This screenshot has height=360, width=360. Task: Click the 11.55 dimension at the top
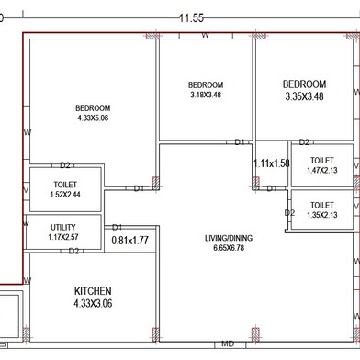click(191, 18)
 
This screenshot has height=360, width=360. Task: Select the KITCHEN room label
click(93, 291)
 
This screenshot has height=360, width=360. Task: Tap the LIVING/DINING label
click(229, 238)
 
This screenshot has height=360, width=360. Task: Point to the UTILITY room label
click(63, 227)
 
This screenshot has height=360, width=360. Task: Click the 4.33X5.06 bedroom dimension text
click(93, 118)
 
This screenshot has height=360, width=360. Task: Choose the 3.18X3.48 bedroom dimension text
click(206, 95)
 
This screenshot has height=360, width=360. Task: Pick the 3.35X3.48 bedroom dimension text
click(304, 96)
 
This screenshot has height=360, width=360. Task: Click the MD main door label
click(228, 343)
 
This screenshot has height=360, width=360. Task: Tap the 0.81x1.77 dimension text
click(130, 241)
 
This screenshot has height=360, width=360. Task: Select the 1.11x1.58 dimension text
click(272, 163)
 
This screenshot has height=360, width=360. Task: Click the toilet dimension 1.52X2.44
click(65, 195)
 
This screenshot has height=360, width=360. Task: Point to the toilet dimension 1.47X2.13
click(322, 170)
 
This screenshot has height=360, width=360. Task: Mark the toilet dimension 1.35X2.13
click(322, 215)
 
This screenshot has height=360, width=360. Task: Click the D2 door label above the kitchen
click(73, 252)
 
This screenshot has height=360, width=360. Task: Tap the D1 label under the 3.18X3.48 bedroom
click(240, 142)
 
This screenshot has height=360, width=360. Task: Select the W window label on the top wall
click(205, 35)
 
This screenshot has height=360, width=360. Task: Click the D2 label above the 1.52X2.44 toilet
click(65, 165)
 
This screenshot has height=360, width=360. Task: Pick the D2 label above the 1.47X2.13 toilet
click(304, 142)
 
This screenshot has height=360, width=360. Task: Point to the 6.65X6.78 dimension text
click(229, 248)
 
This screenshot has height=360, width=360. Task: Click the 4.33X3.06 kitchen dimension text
click(93, 303)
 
